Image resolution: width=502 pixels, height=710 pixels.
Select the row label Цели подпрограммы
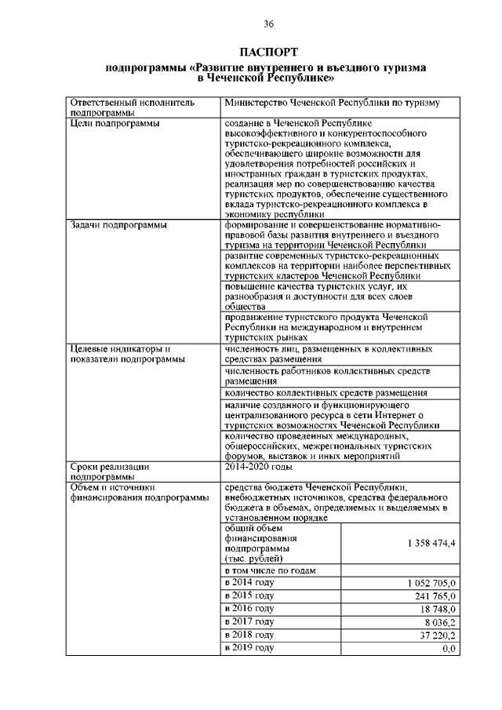(115, 123)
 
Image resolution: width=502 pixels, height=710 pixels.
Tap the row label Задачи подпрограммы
(118, 225)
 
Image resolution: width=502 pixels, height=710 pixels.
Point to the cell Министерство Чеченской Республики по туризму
(332, 103)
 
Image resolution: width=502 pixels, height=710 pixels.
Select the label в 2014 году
(249, 582)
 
